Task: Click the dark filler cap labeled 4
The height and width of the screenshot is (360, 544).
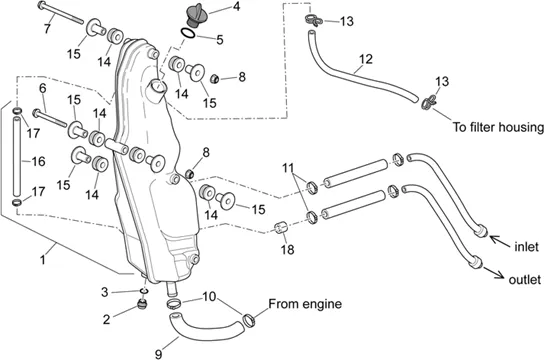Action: (197, 14)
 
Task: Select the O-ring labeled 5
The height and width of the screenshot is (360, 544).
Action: (188, 33)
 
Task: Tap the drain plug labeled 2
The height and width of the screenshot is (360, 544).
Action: (142, 304)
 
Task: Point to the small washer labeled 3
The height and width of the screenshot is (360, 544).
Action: (144, 290)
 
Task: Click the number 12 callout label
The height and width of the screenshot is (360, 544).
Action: (366, 59)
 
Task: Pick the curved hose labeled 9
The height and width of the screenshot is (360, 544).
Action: (205, 327)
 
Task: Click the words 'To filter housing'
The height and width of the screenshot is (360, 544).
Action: (498, 127)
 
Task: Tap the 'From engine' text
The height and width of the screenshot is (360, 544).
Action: (305, 304)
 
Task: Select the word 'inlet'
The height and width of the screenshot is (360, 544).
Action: (526, 247)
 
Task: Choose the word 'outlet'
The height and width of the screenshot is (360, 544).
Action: (525, 279)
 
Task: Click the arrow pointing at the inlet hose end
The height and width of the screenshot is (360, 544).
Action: (499, 240)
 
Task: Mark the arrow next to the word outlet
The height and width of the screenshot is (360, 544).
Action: (494, 273)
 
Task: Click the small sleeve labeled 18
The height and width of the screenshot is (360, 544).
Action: (281, 228)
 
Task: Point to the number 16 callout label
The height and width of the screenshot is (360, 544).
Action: (39, 161)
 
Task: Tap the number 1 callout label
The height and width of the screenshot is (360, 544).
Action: (43, 260)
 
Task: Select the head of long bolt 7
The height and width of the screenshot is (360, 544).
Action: (41, 5)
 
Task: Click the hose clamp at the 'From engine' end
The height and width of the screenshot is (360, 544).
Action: (249, 320)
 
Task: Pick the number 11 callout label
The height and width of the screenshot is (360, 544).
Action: (288, 168)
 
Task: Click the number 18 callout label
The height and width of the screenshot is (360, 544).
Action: (288, 249)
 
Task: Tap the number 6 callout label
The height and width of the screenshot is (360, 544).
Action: (43, 88)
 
